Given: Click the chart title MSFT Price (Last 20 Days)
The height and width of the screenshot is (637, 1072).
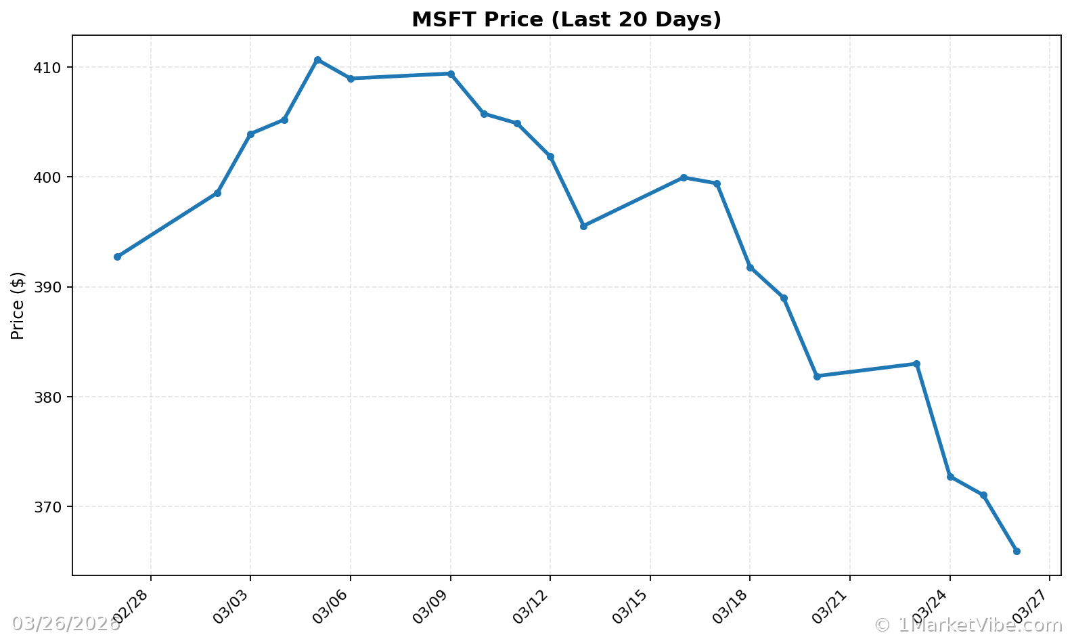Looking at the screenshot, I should tap(566, 20).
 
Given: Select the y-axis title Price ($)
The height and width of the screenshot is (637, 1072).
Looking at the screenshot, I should tap(18, 305).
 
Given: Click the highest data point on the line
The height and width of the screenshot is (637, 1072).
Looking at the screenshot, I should tap(317, 60).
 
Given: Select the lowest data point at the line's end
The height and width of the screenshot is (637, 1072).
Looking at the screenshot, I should tap(1017, 552).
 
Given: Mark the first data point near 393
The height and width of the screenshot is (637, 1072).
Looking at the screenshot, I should tap(117, 257).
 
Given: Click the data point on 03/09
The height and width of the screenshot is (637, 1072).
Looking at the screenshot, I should tap(451, 74).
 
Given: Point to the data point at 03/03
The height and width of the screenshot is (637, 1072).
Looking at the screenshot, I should tap(250, 134).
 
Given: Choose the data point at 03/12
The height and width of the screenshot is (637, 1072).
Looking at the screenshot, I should tap(550, 157).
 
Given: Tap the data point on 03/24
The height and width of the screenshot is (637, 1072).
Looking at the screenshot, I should tap(950, 477).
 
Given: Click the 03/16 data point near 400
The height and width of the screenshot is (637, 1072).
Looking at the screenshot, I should tap(684, 177).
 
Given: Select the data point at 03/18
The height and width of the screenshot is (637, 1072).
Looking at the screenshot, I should tap(750, 267).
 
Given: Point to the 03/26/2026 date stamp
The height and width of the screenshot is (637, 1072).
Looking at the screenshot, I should tap(66, 624).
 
